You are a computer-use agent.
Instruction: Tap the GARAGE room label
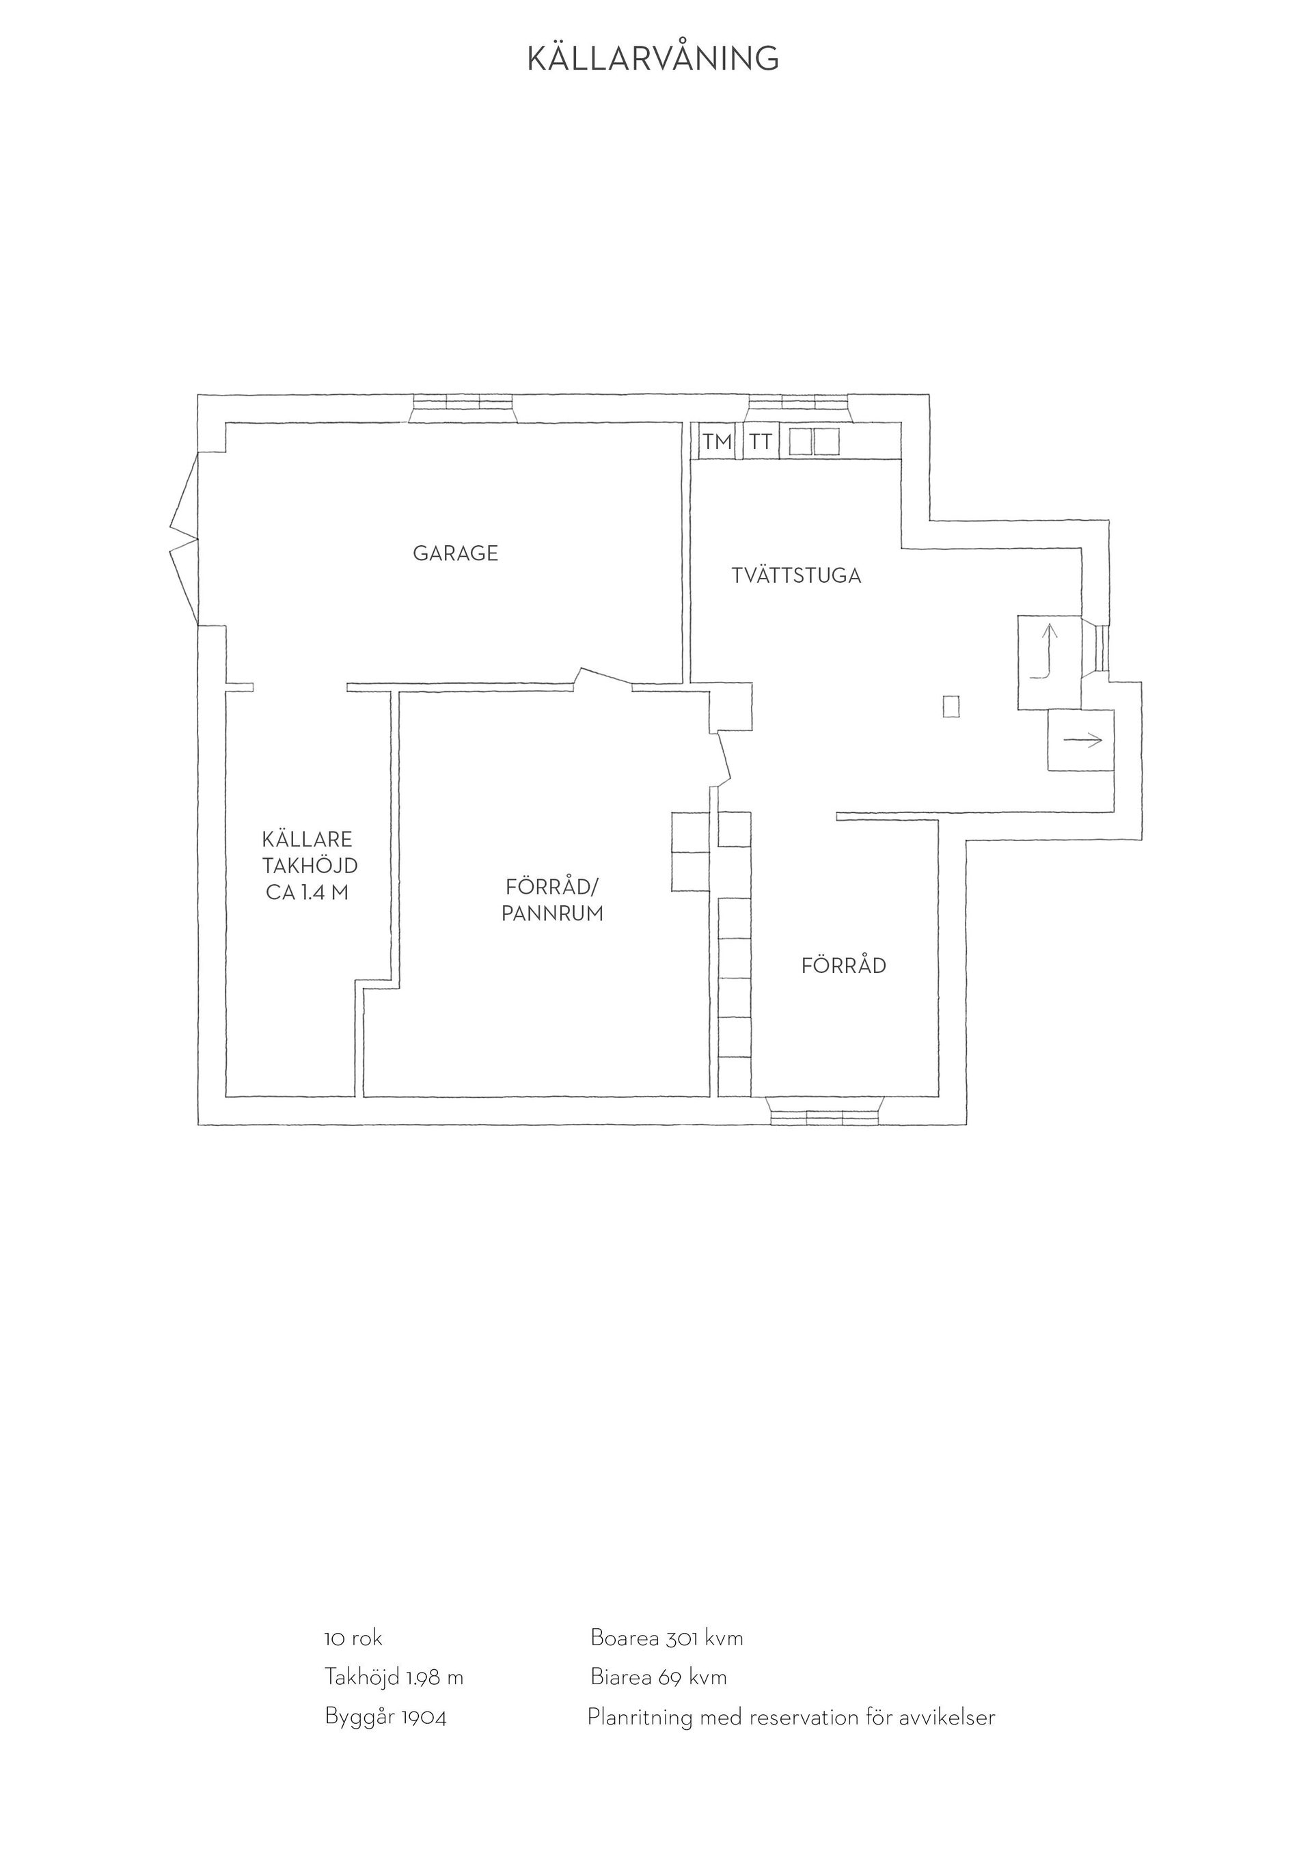[456, 553]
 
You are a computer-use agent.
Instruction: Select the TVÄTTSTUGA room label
[796, 576]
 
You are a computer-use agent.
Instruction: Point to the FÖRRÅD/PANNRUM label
[553, 900]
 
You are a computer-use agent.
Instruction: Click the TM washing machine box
[717, 442]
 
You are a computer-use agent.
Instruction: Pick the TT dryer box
[761, 442]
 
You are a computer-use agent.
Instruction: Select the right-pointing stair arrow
[1084, 739]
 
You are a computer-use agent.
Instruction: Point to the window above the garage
[463, 408]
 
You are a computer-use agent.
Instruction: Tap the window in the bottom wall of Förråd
[825, 1111]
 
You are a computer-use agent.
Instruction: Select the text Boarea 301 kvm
[666, 1638]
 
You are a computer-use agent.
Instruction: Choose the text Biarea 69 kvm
[659, 1677]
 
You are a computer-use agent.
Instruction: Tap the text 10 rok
[353, 1638]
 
